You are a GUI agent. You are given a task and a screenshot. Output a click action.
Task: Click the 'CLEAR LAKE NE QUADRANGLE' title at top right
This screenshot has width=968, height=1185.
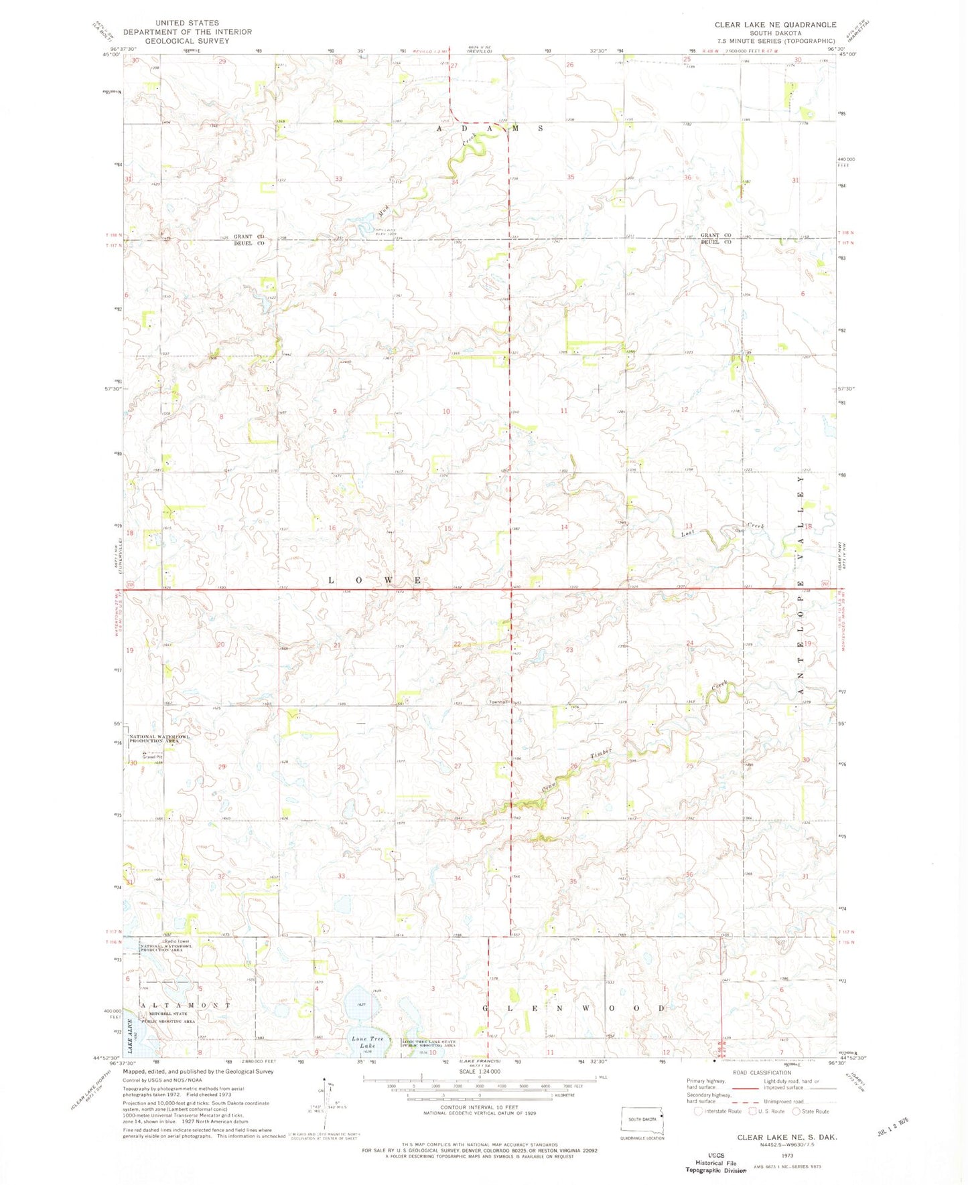tap(775, 25)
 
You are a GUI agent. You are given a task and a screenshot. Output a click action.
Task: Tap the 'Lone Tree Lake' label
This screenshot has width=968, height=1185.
tap(368, 1042)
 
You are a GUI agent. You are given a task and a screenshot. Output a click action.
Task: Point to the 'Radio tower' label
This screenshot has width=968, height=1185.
tap(155, 940)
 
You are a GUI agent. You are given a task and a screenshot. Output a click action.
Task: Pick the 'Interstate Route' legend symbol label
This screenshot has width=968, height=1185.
tap(721, 1111)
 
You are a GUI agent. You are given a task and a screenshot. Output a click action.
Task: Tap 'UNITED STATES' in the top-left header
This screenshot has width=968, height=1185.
tap(187, 23)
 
